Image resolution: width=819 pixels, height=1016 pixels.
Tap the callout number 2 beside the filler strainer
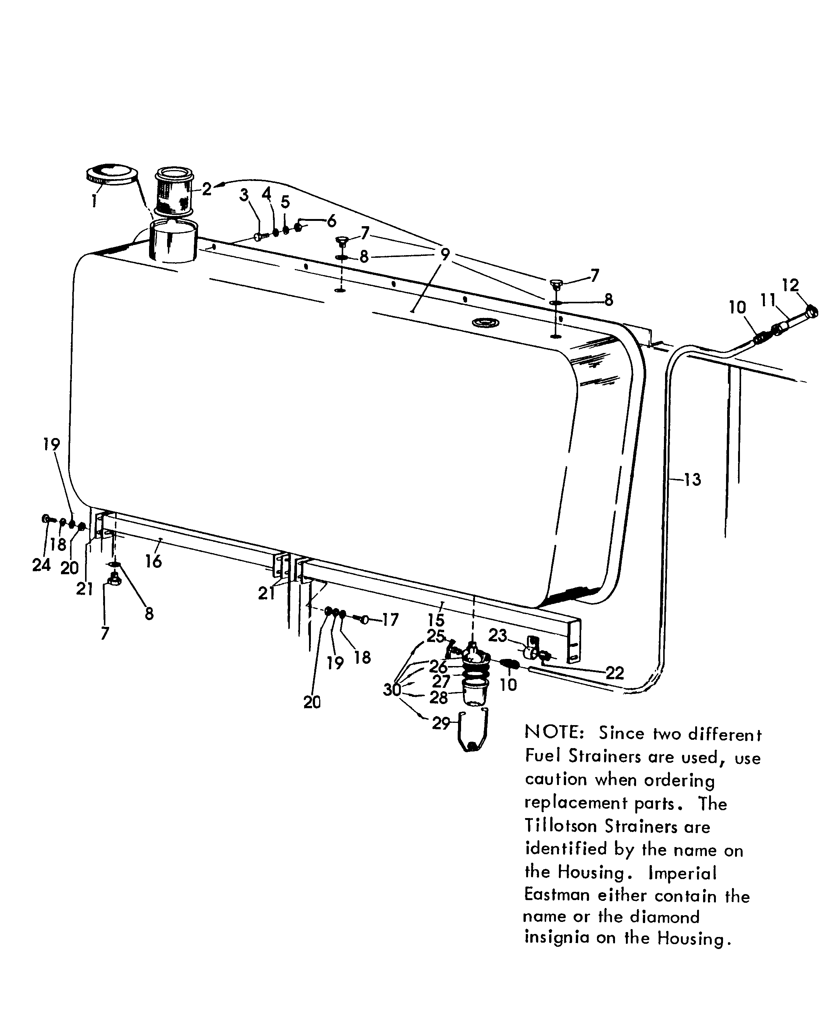pos(207,189)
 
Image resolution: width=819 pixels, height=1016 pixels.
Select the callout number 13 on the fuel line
pos(692,480)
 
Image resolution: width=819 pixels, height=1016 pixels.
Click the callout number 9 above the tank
pos(445,254)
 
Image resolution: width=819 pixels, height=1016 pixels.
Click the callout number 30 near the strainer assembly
pos(391,690)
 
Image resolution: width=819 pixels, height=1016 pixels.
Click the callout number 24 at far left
pos(41,564)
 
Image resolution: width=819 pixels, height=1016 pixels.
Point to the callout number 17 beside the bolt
pos(390,619)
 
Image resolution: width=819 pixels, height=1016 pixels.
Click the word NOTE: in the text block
pos(554,733)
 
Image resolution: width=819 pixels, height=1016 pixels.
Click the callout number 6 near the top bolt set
pos(331,221)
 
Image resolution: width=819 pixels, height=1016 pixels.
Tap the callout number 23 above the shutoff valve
pos(497,635)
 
